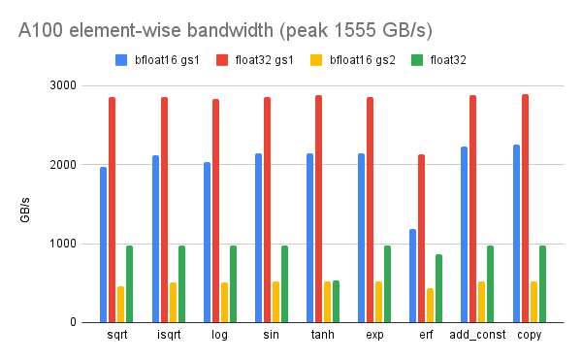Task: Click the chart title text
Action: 211,30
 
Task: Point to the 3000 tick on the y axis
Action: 63,85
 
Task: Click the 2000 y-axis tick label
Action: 63,165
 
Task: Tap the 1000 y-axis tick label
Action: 63,244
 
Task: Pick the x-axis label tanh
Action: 322,335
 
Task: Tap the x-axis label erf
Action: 426,335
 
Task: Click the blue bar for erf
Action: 412,276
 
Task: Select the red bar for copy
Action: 525,209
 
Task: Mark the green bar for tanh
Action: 336,302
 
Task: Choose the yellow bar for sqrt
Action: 120,305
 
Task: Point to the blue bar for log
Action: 207,243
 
